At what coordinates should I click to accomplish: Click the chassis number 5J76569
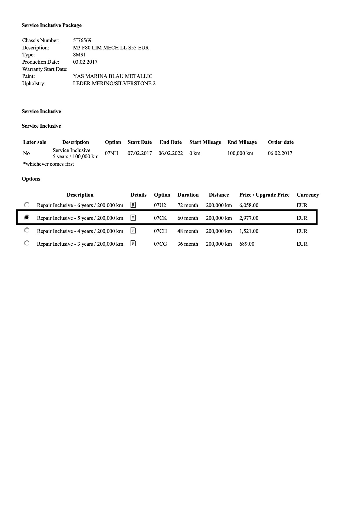pos(82,40)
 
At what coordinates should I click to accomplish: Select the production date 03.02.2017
pos(85,62)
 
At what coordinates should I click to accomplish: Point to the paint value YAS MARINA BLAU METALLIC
pos(112,76)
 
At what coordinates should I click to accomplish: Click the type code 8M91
pos(79,55)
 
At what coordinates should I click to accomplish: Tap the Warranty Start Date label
pos(45,69)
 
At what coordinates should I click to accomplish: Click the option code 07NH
pos(112,153)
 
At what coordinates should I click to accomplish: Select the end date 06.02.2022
pos(171,153)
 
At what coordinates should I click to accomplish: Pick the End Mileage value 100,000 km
pos(240,153)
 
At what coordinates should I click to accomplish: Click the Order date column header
pos(281,142)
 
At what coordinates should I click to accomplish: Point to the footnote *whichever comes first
pos(49,164)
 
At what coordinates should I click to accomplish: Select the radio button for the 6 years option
pos(27,205)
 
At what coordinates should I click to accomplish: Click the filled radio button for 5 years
pos(27,217)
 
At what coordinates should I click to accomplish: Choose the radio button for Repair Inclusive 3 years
pos(27,243)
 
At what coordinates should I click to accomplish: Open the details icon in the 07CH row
pos(133,231)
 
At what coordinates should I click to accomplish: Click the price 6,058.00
pos(249,205)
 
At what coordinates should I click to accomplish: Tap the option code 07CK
pos(160,218)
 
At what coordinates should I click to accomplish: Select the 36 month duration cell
pos(188,244)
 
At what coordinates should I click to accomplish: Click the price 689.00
pos(247,244)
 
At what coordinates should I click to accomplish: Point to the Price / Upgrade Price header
pos(264,195)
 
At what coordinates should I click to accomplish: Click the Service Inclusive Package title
pos(52,25)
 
